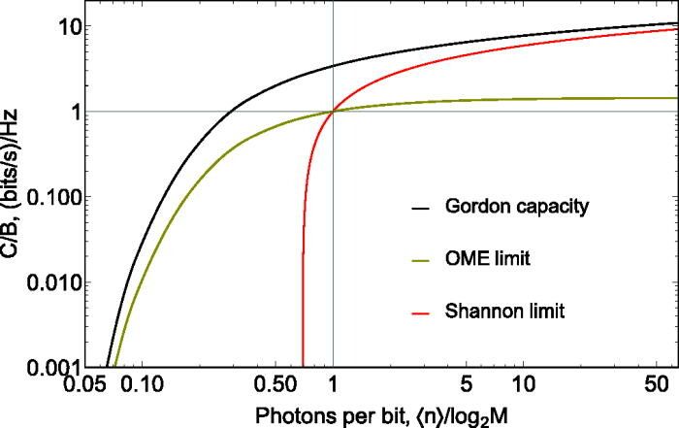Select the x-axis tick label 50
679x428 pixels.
click(x=656, y=384)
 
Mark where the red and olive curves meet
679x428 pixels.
click(x=333, y=112)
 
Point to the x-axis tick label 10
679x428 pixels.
click(x=524, y=384)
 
